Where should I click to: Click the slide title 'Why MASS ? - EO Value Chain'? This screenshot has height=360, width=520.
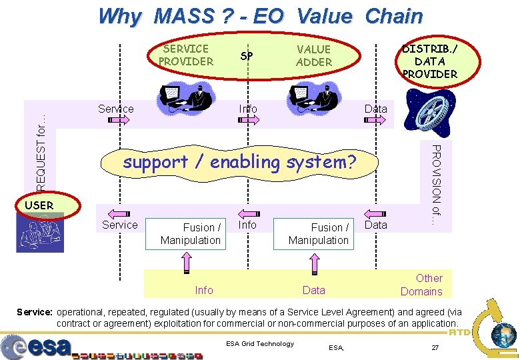pos(260,16)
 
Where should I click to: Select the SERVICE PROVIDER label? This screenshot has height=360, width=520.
pos(186,55)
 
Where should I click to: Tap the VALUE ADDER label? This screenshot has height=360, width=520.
pos(313,55)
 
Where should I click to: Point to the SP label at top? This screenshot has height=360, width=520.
pos(247,56)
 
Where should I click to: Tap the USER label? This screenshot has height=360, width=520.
pos(39,205)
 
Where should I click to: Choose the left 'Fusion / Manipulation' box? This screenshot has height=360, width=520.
pos(191,234)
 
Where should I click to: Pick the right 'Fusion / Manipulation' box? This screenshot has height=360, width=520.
pos(319,234)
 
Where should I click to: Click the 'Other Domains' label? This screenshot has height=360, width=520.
pos(421,285)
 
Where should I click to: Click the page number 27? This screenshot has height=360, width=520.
pos(435,348)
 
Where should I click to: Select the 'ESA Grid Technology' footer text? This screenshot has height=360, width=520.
pos(260,344)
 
